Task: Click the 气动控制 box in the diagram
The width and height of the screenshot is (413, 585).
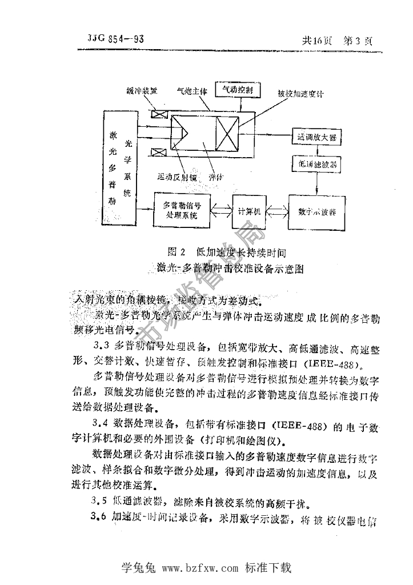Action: click(237, 90)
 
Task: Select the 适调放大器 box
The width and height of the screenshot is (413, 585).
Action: click(316, 137)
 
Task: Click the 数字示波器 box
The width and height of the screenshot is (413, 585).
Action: click(317, 211)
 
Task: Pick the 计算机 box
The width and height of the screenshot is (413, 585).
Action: click(249, 211)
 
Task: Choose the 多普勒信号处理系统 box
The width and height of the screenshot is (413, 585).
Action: click(183, 211)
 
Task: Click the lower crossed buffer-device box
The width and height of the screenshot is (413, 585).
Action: click(157, 151)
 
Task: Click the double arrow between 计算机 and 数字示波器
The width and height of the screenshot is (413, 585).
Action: click(277, 211)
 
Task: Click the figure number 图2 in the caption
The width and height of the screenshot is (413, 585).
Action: click(178, 251)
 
